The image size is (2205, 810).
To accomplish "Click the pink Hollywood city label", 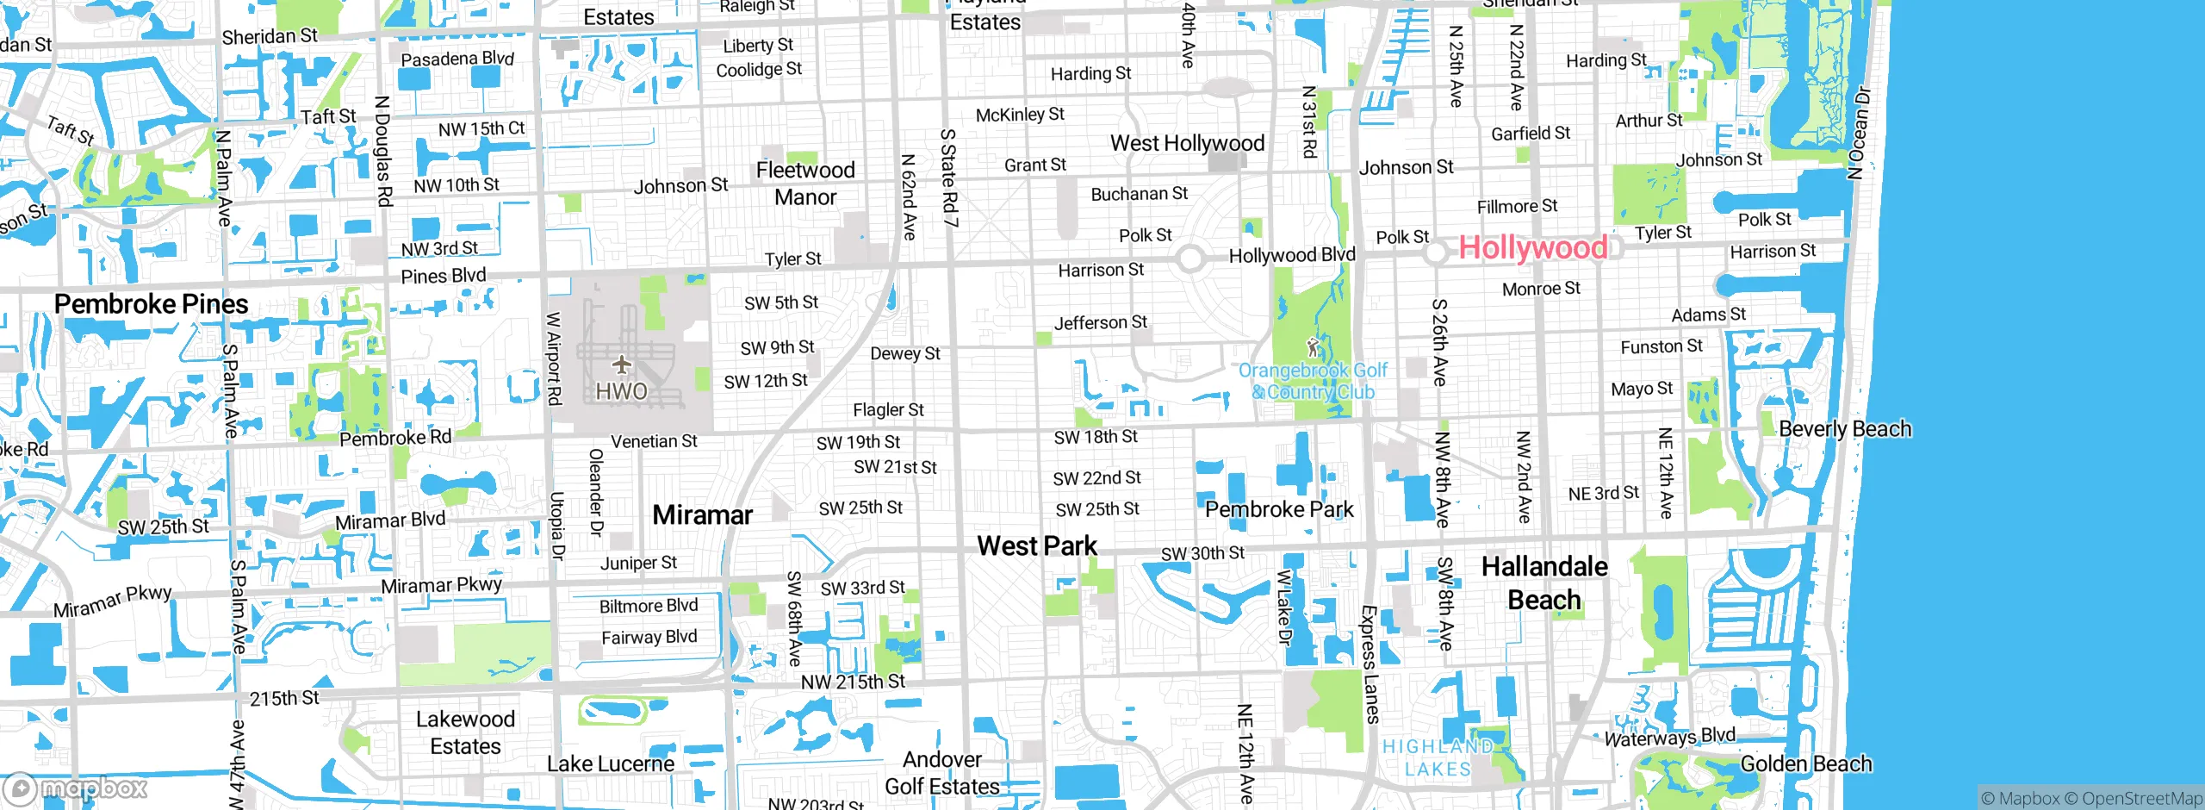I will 1532,248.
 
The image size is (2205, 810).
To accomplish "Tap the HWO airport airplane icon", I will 622,365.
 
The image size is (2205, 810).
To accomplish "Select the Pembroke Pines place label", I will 151,304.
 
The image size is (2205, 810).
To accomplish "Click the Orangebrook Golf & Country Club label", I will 1313,382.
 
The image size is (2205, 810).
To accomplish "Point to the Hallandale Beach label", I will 1544,583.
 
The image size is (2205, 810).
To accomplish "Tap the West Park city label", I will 1037,546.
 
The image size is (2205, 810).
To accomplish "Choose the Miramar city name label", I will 702,515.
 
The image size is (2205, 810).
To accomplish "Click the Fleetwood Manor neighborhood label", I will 805,184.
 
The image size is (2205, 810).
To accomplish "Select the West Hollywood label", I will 1187,143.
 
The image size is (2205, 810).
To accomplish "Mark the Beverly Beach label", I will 1844,429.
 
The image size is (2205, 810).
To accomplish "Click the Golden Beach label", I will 1806,764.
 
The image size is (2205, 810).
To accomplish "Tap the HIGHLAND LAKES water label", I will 1437,758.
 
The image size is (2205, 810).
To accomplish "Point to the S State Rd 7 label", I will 948,178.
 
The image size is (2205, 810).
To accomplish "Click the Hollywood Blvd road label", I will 1291,255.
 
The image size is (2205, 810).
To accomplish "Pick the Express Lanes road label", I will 1370,664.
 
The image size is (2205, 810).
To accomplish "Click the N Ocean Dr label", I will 1859,133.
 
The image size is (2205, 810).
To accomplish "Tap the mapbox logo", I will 76,788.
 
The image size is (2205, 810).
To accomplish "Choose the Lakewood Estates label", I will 465,732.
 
